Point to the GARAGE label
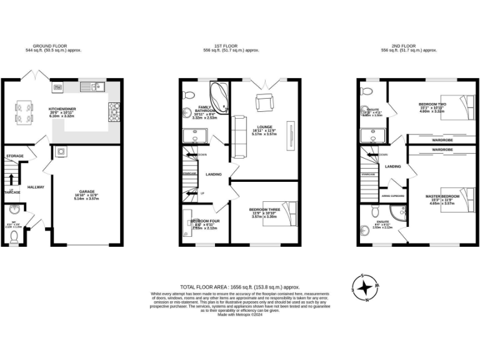[86, 192]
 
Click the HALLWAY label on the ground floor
[36, 187]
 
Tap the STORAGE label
[14, 156]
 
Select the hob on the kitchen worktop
[114, 112]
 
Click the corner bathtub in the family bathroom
[218, 95]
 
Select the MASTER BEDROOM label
[442, 196]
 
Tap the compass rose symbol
[366, 288]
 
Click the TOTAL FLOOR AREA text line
[240, 286]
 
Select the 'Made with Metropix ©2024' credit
[240, 314]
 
